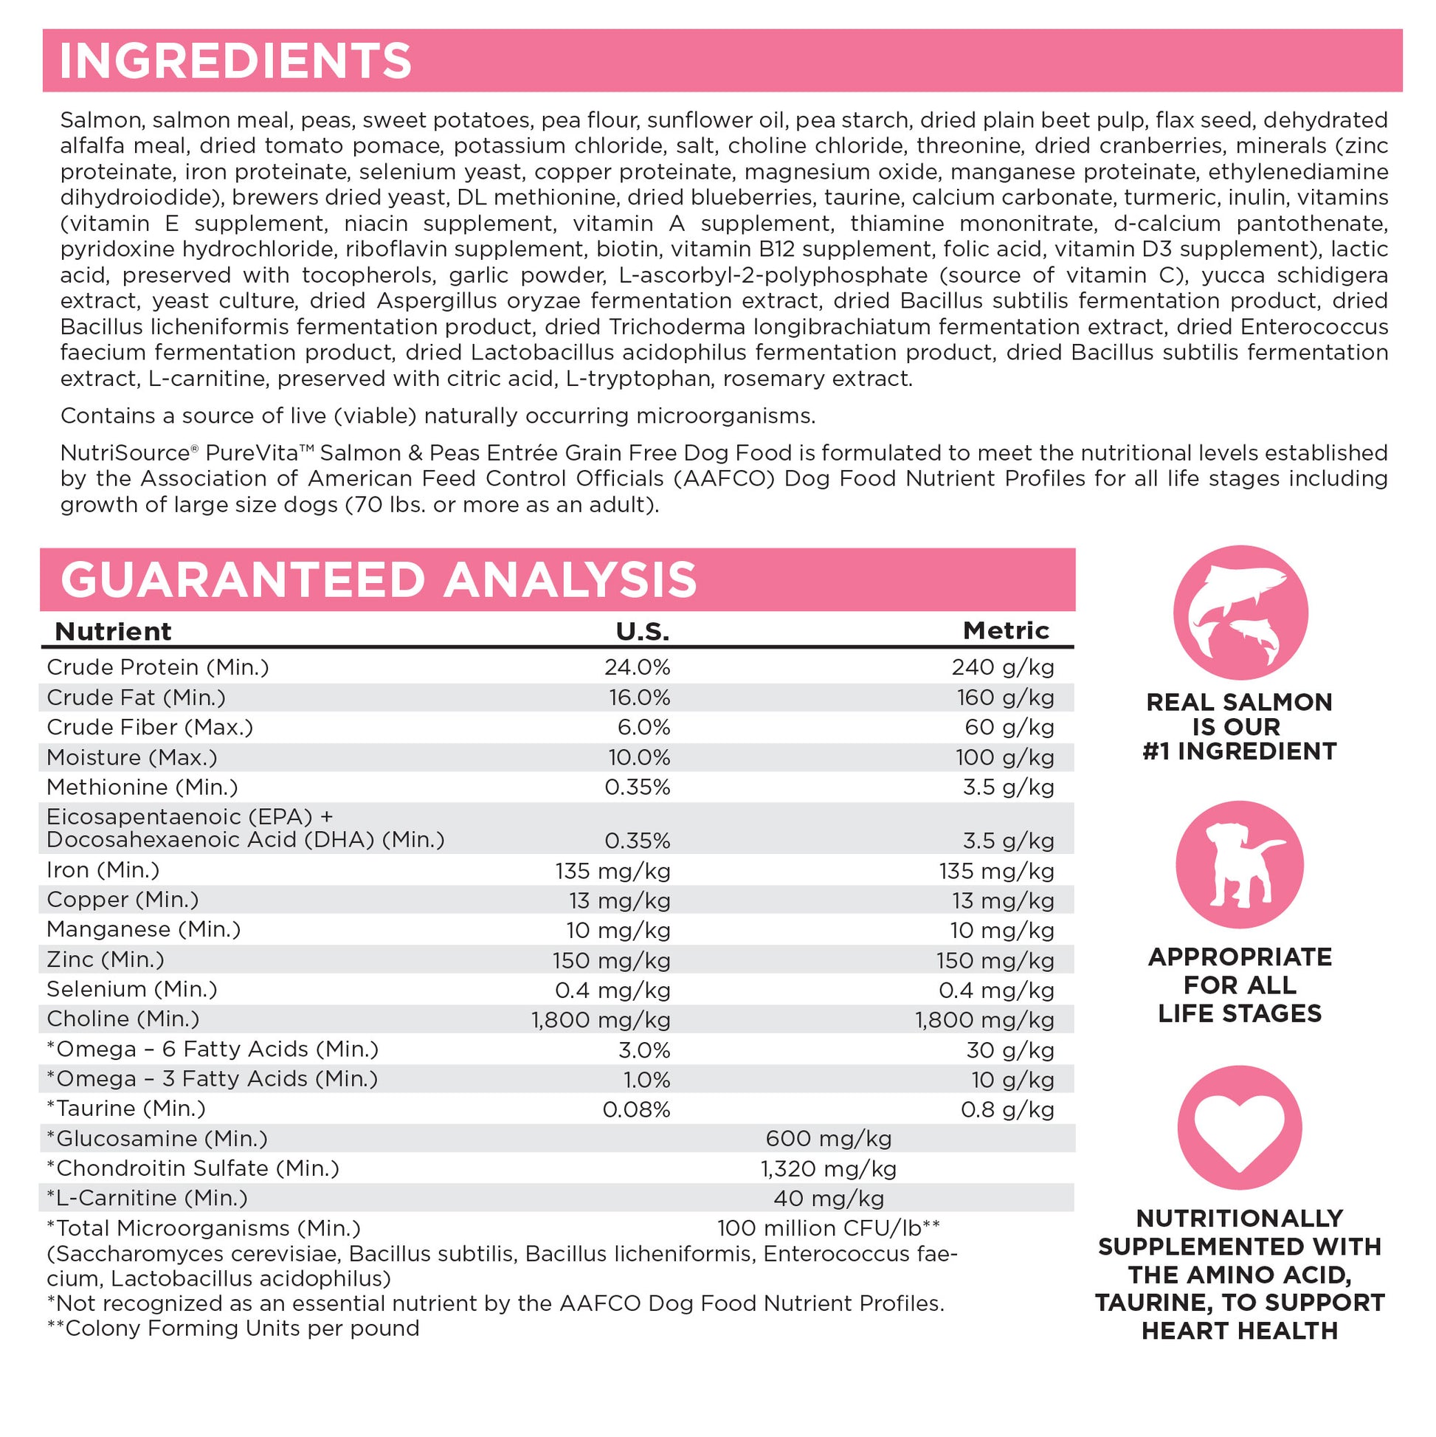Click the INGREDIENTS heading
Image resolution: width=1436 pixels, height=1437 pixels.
tap(235, 61)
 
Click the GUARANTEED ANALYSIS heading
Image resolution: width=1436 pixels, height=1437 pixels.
tap(379, 580)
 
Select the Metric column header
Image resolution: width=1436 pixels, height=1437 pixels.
tap(1006, 631)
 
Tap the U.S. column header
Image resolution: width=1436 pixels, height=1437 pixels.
tap(643, 632)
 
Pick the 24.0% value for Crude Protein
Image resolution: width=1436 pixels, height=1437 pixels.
tap(637, 667)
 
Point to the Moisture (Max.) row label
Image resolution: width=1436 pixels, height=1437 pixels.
tap(131, 757)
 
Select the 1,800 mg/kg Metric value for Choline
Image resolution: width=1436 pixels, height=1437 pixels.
tap(984, 1020)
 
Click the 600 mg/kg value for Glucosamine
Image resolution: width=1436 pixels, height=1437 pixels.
tap(828, 1139)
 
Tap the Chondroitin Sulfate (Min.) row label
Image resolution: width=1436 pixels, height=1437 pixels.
tap(193, 1168)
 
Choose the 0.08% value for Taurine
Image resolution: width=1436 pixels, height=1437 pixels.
tap(636, 1110)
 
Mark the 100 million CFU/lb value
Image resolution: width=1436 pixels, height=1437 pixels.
tap(828, 1228)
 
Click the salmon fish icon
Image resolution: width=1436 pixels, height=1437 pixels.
tap(1240, 612)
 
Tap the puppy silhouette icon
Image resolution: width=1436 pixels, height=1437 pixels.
tap(1240, 864)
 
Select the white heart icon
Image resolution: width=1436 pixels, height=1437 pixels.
tap(1240, 1128)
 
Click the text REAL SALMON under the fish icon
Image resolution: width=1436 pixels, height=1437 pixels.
tap(1239, 702)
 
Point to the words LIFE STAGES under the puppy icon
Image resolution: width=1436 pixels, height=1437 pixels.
tap(1239, 1013)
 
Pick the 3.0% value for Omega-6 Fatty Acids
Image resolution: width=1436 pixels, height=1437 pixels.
tap(644, 1050)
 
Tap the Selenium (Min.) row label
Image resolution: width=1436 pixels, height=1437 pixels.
tap(131, 989)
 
